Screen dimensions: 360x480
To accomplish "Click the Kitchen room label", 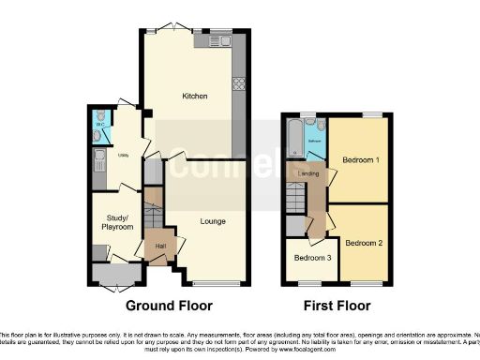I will point(194,97).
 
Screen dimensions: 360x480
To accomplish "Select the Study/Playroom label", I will point(117,223).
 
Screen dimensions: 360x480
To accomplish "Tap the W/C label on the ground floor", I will point(99,123).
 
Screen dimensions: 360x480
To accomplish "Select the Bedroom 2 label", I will point(364,243).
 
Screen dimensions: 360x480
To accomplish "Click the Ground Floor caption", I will point(169,306).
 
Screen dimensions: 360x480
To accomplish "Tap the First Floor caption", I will point(337,306).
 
